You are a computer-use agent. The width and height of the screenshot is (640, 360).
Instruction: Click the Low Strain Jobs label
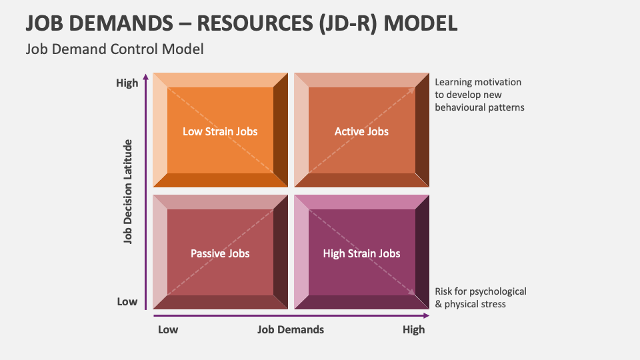pyautogui.click(x=220, y=131)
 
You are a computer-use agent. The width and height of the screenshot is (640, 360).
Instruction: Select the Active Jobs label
pyautogui.click(x=361, y=131)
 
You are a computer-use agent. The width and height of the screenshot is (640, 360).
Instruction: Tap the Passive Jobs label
pyautogui.click(x=220, y=253)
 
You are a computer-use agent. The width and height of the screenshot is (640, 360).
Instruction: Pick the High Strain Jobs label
pyautogui.click(x=361, y=253)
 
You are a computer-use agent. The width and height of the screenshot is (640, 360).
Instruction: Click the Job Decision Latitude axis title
pyautogui.click(x=128, y=192)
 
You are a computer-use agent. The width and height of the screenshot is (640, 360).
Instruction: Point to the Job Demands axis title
pyautogui.click(x=291, y=329)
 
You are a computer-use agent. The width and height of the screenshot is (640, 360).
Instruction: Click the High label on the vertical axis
pyautogui.click(x=127, y=83)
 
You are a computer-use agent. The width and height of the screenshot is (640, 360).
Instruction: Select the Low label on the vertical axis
pyautogui.click(x=127, y=301)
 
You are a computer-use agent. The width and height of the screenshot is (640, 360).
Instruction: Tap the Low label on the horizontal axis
pyautogui.click(x=168, y=329)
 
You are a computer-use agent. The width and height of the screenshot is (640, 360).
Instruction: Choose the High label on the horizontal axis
pyautogui.click(x=413, y=329)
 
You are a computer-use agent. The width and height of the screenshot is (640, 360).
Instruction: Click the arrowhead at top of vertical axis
pyautogui.click(x=146, y=77)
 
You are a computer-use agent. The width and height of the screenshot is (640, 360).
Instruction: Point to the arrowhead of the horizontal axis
pyautogui.click(x=426, y=315)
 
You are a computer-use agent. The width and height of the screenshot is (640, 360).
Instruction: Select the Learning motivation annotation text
pyautogui.click(x=479, y=95)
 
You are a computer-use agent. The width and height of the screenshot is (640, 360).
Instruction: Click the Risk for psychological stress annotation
pyautogui.click(x=480, y=297)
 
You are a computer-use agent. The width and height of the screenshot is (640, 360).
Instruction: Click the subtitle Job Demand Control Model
pyautogui.click(x=114, y=49)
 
